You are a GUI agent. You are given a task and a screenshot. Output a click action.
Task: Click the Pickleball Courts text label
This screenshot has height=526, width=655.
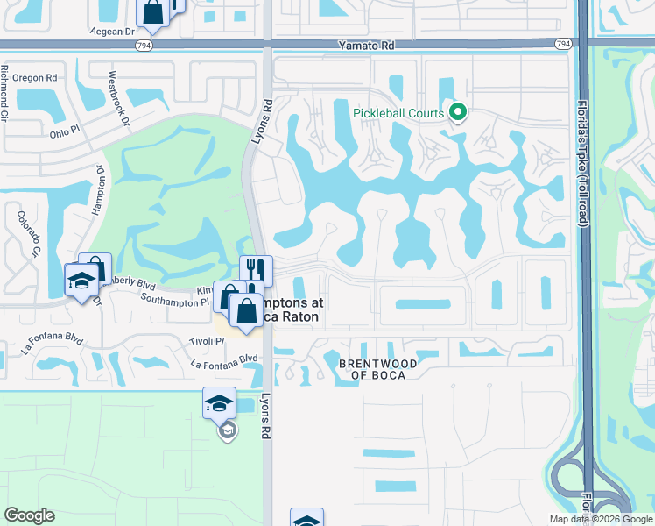pos(399,113)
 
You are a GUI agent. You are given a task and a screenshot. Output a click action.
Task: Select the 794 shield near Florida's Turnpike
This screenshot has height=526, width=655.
pos(563,43)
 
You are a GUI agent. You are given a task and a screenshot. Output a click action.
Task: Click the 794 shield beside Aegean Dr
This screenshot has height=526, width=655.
pos(143,43)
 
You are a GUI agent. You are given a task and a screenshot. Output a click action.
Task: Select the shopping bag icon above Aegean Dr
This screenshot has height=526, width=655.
pos(152,11)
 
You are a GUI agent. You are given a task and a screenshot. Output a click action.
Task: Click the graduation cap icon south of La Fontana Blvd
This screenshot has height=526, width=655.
pos(219,402)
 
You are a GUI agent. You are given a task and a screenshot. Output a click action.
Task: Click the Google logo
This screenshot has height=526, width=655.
pos(29,515)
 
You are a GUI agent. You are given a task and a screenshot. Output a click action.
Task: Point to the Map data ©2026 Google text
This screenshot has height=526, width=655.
pos(601,519)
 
